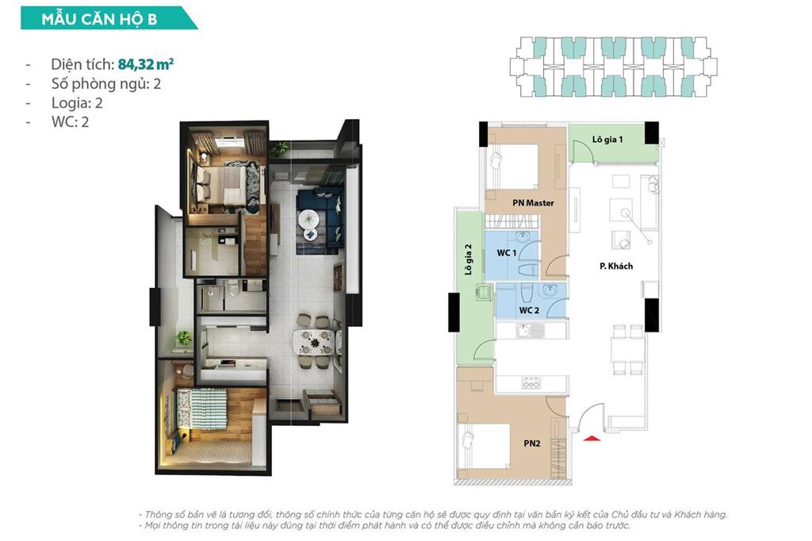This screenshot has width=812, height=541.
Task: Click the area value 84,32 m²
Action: (145, 64)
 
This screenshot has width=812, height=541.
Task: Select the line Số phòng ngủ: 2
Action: (105, 83)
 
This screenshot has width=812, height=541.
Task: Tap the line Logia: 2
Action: (76, 102)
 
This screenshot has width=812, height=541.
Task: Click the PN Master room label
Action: (533, 203)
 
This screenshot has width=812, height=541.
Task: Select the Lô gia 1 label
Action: (607, 140)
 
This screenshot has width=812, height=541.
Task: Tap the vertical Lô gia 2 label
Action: (469, 258)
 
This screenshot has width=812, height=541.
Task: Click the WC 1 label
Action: (507, 252)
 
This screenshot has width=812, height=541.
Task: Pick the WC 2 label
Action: (530, 310)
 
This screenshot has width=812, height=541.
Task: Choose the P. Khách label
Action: (616, 266)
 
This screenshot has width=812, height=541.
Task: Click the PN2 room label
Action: (532, 444)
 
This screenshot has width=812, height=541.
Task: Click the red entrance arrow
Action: (589, 435)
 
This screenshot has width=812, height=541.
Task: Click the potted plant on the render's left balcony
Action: (183, 338)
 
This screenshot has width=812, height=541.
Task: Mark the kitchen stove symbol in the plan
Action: (530, 384)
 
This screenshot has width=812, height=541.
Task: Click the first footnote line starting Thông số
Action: (432, 514)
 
